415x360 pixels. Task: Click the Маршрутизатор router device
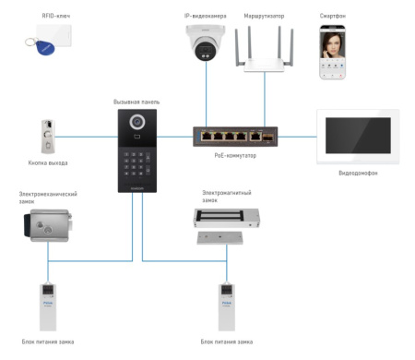265,51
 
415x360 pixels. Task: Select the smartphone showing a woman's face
338,52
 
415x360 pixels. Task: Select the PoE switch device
235,136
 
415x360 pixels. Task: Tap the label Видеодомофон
358,173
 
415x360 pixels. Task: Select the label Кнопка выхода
48,163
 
